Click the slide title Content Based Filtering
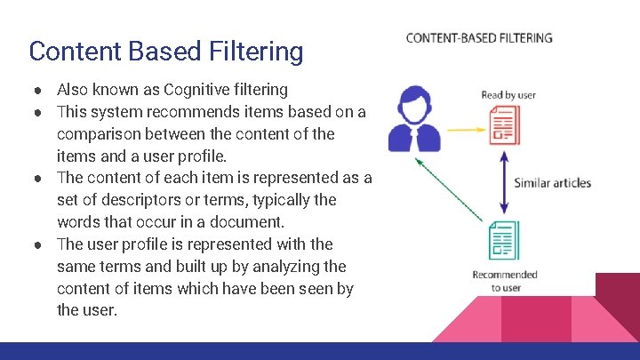(x=165, y=51)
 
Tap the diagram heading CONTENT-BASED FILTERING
(x=479, y=38)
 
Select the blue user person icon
(x=414, y=117)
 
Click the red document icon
(x=505, y=124)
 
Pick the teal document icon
(x=504, y=240)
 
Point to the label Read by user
(x=508, y=94)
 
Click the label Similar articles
(x=552, y=183)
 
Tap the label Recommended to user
(x=505, y=281)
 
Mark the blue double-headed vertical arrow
(x=504, y=182)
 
